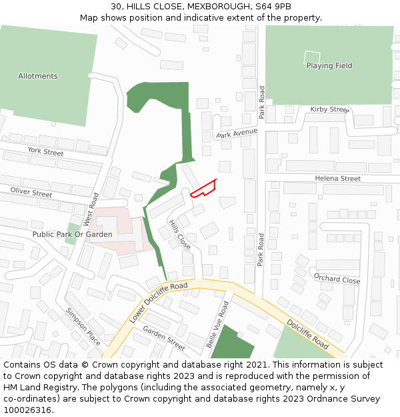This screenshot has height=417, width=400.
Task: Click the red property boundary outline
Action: click(204, 189)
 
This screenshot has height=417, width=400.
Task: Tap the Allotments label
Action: click(38, 76)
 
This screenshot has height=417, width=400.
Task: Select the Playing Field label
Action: click(329, 66)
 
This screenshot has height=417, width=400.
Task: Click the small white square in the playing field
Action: click(312, 57)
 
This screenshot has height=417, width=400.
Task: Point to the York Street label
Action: click(46, 152)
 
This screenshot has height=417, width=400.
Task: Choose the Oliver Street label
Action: click(31, 193)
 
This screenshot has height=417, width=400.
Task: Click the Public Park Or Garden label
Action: click(63, 235)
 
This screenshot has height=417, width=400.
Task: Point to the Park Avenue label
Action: click(237, 133)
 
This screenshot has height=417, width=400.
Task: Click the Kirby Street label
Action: click(330, 109)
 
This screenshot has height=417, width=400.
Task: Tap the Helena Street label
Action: click(338, 179)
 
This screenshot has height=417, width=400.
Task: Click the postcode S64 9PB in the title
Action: click(273, 7)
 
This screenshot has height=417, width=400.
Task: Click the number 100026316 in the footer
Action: click(27, 410)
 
